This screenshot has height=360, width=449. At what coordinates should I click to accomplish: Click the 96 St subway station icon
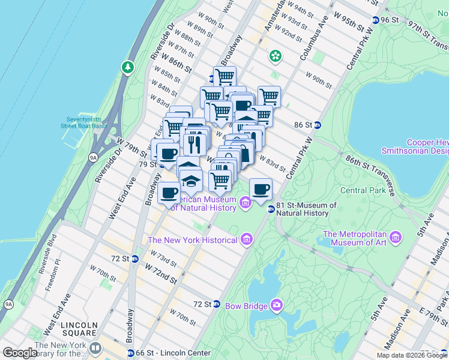point(376,20)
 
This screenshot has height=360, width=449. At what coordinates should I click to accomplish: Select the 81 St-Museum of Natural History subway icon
point(271,209)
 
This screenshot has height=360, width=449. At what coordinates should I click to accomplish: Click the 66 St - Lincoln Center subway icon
point(130,353)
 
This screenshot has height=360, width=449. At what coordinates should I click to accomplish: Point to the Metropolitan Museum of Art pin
point(395,238)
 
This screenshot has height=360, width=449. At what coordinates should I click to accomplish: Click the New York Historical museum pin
point(246,240)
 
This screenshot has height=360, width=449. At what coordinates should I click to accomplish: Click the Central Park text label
point(361,191)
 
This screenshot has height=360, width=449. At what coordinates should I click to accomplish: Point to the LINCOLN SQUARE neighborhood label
point(79,328)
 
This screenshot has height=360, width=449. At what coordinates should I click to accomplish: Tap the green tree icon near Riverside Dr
point(127,67)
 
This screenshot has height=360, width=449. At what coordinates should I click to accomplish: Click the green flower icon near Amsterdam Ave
point(276,56)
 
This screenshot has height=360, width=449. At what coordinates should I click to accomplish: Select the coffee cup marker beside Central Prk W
point(261,190)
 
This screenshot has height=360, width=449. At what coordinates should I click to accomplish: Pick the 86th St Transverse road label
point(369,175)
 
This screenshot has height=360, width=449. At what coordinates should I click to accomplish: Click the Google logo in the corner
point(20,353)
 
